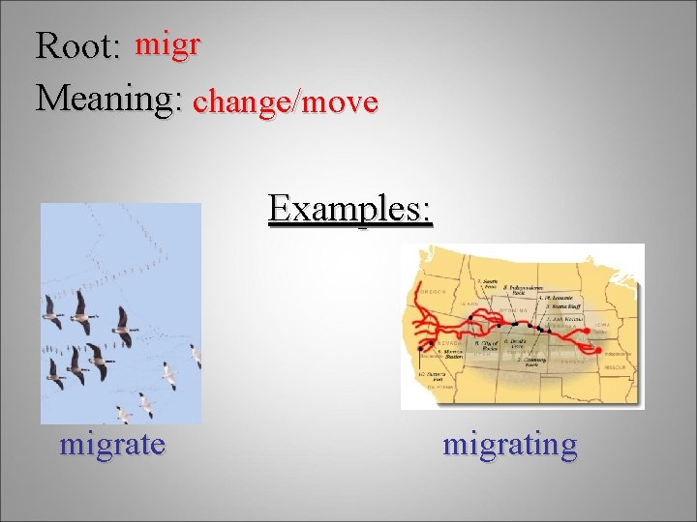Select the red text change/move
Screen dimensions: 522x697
point(285,101)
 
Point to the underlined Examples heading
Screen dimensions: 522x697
point(350,207)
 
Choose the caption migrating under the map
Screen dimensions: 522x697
point(509,445)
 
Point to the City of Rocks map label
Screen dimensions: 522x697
point(486,346)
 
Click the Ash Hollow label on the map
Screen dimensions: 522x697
point(561,319)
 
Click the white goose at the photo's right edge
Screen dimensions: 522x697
point(197,356)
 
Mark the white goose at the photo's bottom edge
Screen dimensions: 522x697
point(124,415)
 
